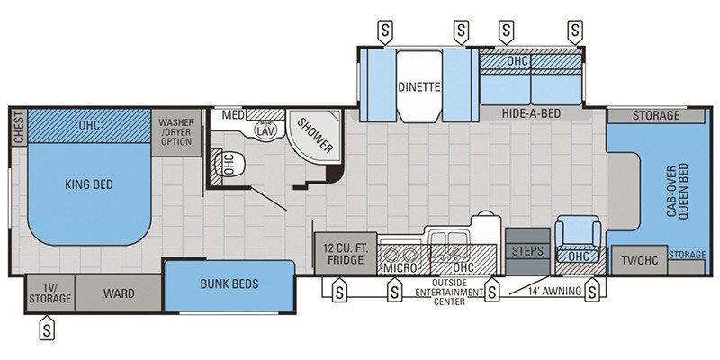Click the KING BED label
88,184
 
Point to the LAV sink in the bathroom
265,130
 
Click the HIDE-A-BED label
531,113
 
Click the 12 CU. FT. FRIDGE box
344,254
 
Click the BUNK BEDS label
229,284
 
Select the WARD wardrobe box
119,292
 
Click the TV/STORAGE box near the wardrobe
49,292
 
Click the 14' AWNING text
545,290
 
